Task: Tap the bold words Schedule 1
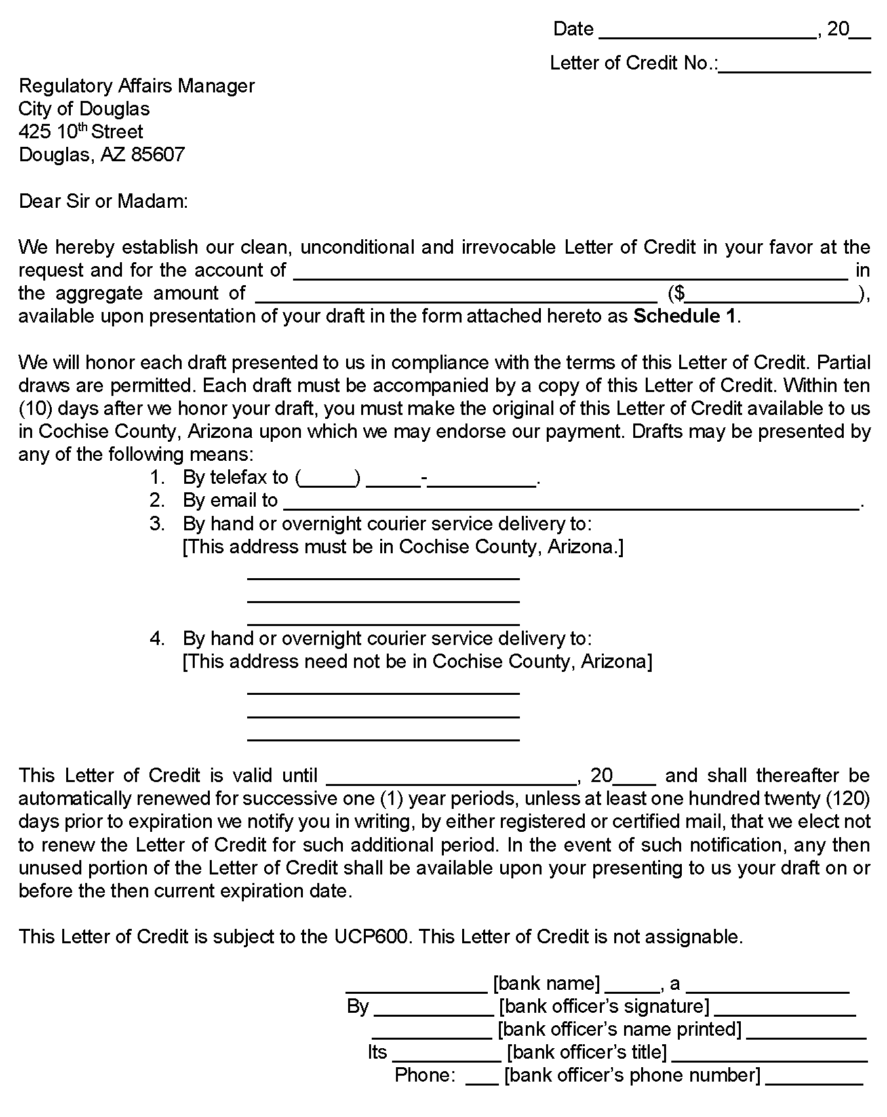coord(685,317)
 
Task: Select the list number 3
coord(156,524)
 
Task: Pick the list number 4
coord(156,638)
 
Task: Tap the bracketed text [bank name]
coord(546,983)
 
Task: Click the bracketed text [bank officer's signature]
coord(604,1006)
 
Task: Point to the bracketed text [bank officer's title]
coord(587,1052)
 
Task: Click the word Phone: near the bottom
coord(425,1075)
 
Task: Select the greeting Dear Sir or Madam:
coord(104,201)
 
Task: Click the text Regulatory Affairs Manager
coord(136,86)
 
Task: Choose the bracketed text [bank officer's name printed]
coord(620,1029)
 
